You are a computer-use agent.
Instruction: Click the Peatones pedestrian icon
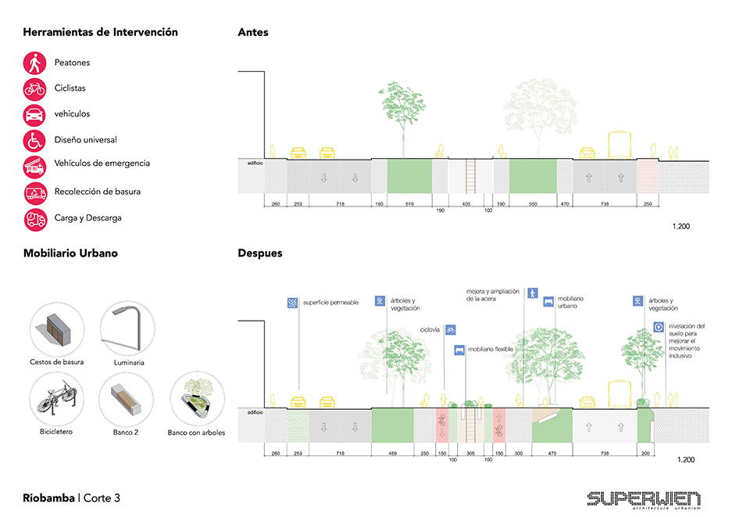pyautogui.click(x=34, y=62)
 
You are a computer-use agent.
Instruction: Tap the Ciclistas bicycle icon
pyautogui.click(x=34, y=88)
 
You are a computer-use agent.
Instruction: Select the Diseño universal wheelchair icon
pyautogui.click(x=34, y=139)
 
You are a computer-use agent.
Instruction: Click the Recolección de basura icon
pyautogui.click(x=34, y=192)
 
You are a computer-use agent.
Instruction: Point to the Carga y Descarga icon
pyautogui.click(x=34, y=218)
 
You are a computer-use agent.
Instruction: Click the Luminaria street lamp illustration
pyautogui.click(x=127, y=329)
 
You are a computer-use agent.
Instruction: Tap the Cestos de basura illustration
pyautogui.click(x=56, y=329)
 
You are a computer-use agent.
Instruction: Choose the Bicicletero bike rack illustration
pyautogui.click(x=56, y=397)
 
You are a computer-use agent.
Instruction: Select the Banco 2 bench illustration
pyautogui.click(x=127, y=397)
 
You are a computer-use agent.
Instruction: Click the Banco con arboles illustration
pyautogui.click(x=197, y=397)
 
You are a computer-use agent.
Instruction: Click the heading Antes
pyautogui.click(x=252, y=33)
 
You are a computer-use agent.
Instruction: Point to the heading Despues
pyautogui.click(x=259, y=253)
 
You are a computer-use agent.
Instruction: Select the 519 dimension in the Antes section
pyautogui.click(x=409, y=203)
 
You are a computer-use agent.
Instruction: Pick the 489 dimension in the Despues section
pyautogui.click(x=392, y=454)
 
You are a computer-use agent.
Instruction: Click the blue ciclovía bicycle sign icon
pyautogui.click(x=450, y=330)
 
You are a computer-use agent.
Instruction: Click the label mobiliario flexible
pyautogui.click(x=491, y=350)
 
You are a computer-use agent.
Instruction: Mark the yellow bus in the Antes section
pyautogui.click(x=620, y=144)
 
